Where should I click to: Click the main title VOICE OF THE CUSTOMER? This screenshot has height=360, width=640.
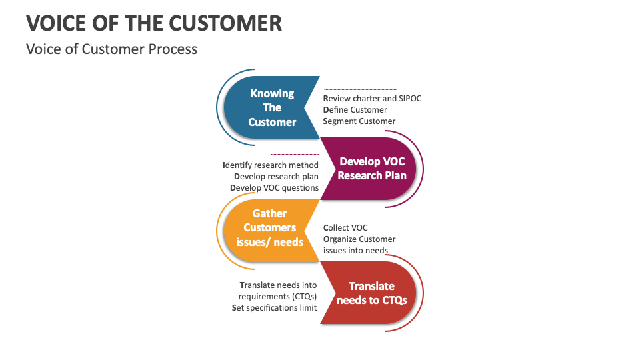(154, 23)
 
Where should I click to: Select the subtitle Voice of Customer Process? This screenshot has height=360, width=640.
(111, 49)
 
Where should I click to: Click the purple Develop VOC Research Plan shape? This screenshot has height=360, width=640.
(371, 169)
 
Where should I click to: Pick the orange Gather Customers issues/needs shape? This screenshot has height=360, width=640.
(270, 228)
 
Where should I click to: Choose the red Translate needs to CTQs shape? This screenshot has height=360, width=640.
(371, 293)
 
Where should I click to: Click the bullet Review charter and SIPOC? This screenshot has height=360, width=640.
(372, 98)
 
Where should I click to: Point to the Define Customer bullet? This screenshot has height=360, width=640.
(355, 109)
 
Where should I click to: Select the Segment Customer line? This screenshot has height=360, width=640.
(359, 121)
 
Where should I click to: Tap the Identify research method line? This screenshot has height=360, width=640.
(271, 165)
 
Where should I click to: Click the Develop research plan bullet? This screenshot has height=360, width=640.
(276, 176)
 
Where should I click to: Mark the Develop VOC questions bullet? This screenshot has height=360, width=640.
(274, 187)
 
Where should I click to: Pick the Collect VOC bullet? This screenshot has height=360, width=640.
(345, 228)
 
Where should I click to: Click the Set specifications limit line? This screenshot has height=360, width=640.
(274, 307)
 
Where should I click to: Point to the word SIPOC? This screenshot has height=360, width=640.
(410, 98)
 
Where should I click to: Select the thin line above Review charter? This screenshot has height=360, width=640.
(360, 89)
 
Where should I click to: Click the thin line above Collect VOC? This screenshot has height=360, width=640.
(343, 217)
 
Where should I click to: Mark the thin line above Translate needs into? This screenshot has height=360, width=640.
(281, 276)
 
